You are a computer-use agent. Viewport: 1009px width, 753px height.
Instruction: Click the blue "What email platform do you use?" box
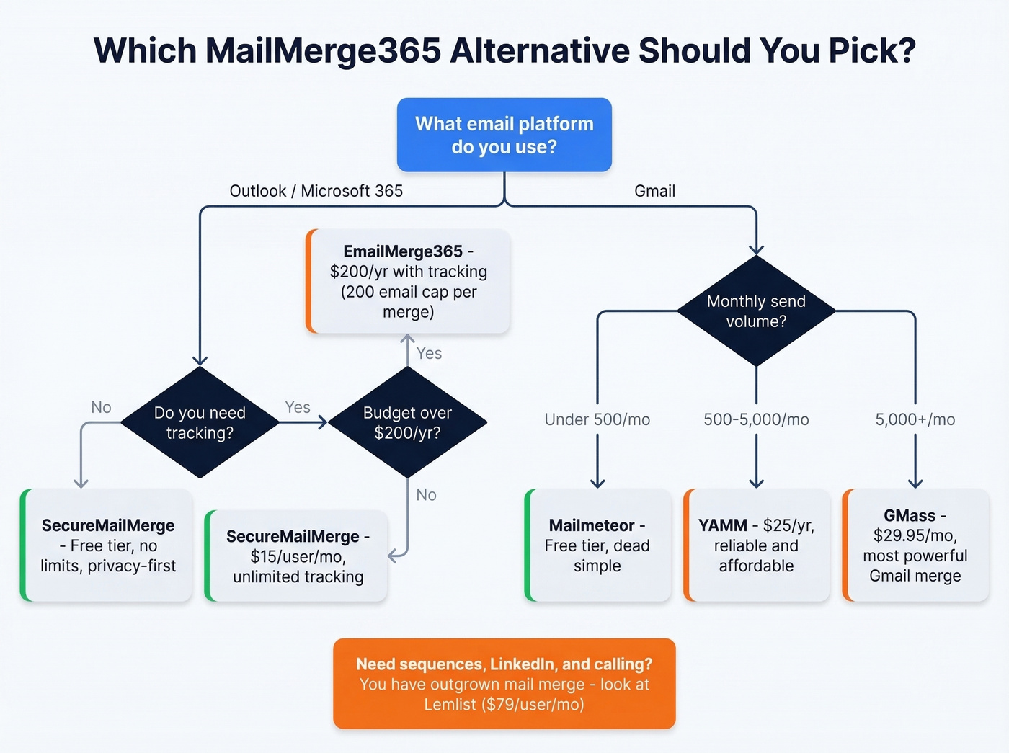(x=504, y=135)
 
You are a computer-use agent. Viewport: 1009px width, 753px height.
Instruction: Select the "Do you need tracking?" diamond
(x=200, y=422)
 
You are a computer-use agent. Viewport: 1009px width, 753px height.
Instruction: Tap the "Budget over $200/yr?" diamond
(x=407, y=422)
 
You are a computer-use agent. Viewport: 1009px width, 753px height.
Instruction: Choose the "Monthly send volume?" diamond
(x=756, y=311)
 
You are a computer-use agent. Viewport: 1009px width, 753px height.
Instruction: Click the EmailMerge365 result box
(x=409, y=281)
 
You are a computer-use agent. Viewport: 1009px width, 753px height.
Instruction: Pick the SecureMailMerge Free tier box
(x=107, y=545)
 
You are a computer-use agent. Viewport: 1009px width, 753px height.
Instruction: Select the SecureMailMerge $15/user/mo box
(x=297, y=556)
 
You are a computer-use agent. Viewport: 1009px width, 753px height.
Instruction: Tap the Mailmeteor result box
(x=598, y=545)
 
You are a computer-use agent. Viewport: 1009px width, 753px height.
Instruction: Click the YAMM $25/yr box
(x=757, y=545)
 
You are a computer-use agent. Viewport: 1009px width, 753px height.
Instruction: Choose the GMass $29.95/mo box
(x=915, y=545)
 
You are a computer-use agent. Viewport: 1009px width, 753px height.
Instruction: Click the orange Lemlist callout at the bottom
(x=504, y=683)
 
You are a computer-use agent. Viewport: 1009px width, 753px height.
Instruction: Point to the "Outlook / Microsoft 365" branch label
(x=316, y=191)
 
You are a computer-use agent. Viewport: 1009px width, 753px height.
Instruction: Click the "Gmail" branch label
(x=654, y=191)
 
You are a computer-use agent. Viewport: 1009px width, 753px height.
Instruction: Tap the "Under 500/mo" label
(x=597, y=419)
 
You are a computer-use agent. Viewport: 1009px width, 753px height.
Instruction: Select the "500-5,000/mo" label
(x=756, y=419)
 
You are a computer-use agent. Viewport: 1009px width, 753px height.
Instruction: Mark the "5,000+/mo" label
(x=915, y=419)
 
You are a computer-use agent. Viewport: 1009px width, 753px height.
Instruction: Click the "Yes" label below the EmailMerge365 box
(x=429, y=353)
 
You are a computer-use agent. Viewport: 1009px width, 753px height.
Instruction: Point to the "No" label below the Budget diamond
(x=426, y=495)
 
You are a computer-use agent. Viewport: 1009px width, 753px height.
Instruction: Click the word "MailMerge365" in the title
(x=323, y=50)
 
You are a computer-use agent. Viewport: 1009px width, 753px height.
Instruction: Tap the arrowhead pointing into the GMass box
(x=915, y=482)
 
